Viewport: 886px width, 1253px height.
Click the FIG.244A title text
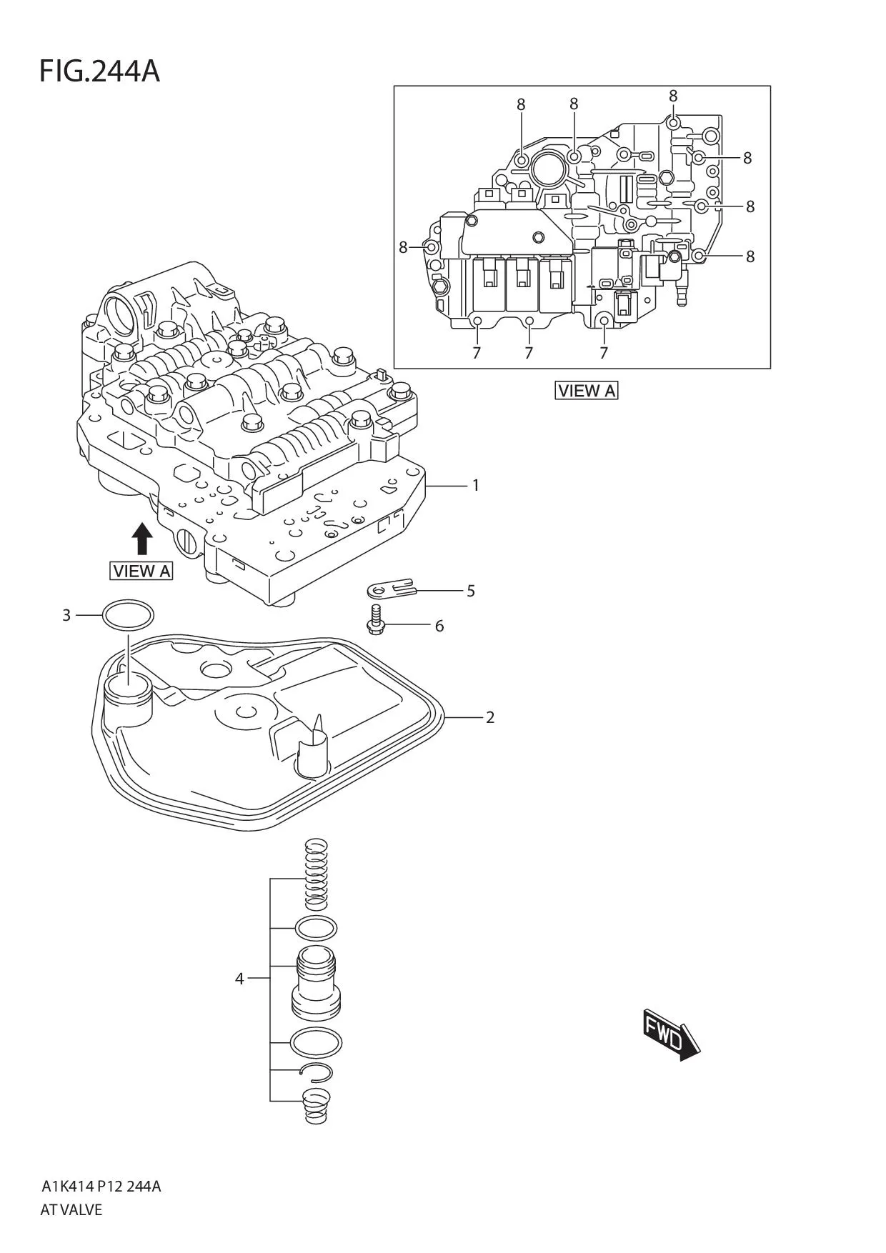99,71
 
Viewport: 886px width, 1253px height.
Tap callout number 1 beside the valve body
476,486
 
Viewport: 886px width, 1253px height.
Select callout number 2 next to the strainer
490,717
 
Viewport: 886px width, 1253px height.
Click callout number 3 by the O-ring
66,615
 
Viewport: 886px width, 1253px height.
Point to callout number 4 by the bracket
239,979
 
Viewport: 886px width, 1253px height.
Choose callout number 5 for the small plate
471,591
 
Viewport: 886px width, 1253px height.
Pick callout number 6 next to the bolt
439,626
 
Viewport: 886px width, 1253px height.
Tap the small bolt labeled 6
375,618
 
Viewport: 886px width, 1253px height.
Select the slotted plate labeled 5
390,588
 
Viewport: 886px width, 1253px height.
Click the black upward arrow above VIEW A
143,538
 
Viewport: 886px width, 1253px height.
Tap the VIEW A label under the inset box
586,391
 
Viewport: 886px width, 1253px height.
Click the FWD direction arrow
669,1034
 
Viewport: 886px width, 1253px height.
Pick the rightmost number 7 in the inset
604,353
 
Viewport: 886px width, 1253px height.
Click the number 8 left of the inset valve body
403,247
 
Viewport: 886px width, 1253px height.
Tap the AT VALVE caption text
71,1209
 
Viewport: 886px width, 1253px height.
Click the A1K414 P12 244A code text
101,1187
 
